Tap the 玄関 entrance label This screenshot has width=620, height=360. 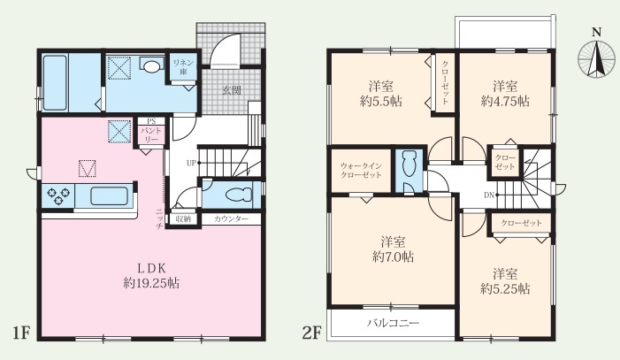click(x=232, y=90)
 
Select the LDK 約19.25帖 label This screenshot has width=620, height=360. click(x=151, y=276)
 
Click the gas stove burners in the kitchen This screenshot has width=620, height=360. click(x=58, y=195)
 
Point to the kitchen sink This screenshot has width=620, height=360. click(x=109, y=195)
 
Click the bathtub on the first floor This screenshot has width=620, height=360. click(x=54, y=83)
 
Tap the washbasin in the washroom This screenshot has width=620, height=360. click(x=151, y=66)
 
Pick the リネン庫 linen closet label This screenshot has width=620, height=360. click(x=183, y=67)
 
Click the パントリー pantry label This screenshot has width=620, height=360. click(x=150, y=135)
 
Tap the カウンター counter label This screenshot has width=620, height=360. click(x=232, y=218)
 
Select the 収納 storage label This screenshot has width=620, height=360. click(x=183, y=218)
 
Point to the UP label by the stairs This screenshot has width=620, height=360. click(x=191, y=163)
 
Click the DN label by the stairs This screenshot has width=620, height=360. click(x=489, y=195)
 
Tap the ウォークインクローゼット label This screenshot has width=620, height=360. click(x=361, y=171)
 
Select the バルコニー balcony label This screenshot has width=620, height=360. click(x=393, y=323)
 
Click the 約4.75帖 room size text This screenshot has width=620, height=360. click(x=505, y=102)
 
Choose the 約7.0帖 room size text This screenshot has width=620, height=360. click(x=393, y=257)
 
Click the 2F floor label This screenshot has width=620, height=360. click(x=311, y=333)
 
